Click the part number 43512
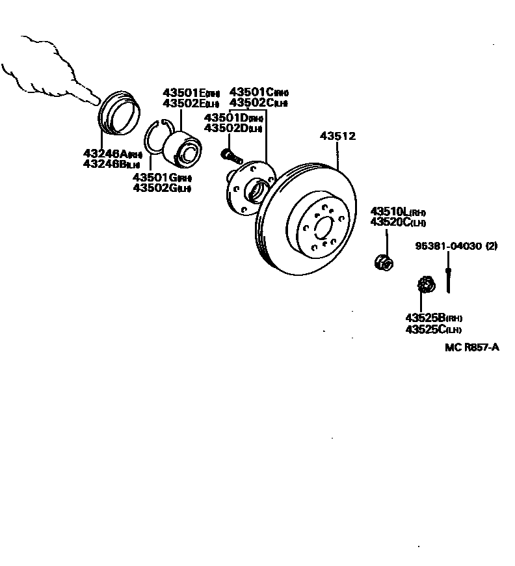[337, 137]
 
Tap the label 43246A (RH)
[112, 154]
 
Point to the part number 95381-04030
[449, 246]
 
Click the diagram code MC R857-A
[471, 347]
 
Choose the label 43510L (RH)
[397, 212]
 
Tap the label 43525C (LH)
[433, 329]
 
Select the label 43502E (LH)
[191, 103]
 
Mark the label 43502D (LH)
[233, 128]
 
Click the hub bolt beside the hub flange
[231, 155]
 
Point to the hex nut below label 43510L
[383, 262]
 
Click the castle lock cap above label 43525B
[425, 285]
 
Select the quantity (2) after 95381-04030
[491, 246]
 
